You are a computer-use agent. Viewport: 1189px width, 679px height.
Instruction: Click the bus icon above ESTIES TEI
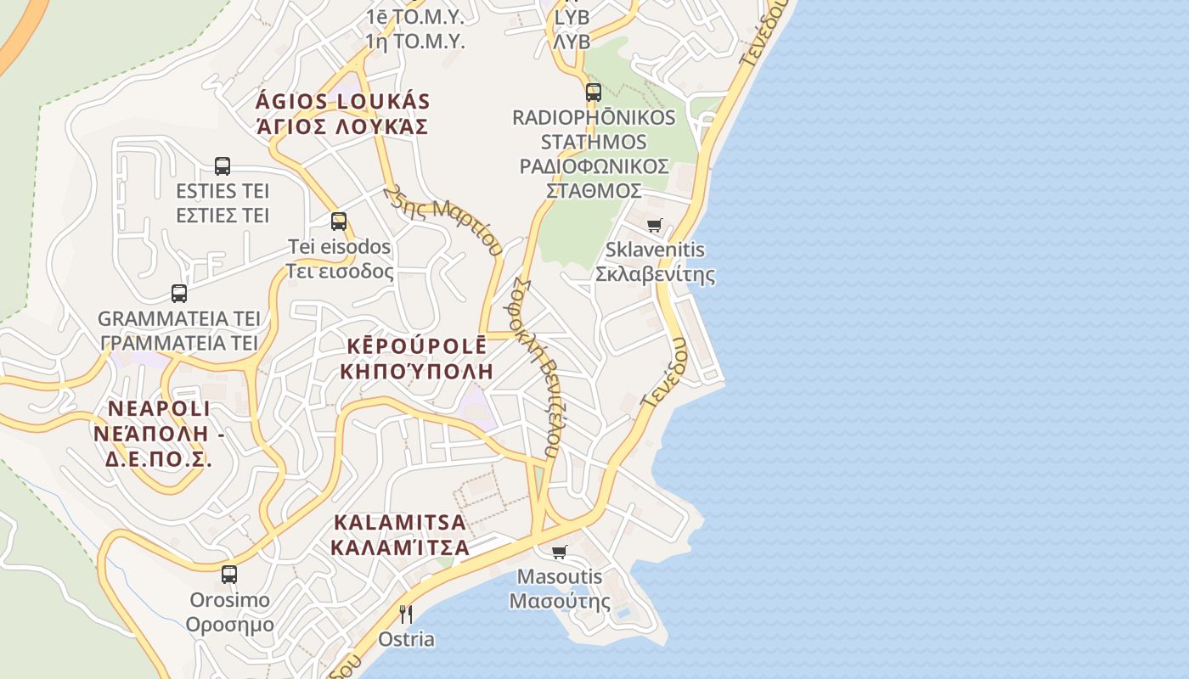pos(223,166)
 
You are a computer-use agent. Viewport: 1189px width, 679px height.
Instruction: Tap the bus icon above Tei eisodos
pos(339,222)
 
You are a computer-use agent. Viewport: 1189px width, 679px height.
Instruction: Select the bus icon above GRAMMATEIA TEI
pos(179,294)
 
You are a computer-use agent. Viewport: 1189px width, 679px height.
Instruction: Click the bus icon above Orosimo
pos(229,575)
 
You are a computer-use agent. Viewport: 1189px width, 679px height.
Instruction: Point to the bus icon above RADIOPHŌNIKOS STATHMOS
pos(594,93)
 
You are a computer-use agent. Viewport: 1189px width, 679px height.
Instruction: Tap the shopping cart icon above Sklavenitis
pos(655,226)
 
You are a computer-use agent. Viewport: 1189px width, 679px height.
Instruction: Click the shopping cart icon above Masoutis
pos(560,553)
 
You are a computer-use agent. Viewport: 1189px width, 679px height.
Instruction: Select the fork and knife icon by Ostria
pos(406,614)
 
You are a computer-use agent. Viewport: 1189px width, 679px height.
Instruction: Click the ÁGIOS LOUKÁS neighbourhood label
pos(343,102)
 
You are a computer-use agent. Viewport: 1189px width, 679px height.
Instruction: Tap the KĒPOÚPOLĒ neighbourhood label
pos(416,346)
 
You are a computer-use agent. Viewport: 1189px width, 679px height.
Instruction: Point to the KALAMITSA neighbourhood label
pos(400,522)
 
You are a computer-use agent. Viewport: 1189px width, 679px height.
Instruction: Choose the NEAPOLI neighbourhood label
pos(159,408)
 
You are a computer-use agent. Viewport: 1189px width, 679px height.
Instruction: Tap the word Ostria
pos(407,639)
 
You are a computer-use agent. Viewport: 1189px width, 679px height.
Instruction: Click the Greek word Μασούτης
pos(560,602)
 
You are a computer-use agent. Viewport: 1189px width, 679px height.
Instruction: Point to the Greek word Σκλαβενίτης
pos(655,275)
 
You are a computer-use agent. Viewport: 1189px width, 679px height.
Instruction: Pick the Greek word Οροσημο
pos(229,625)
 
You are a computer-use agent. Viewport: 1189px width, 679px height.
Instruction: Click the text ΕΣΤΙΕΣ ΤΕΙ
pos(223,215)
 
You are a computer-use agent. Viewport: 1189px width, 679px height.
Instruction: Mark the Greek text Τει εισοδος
pos(339,271)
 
